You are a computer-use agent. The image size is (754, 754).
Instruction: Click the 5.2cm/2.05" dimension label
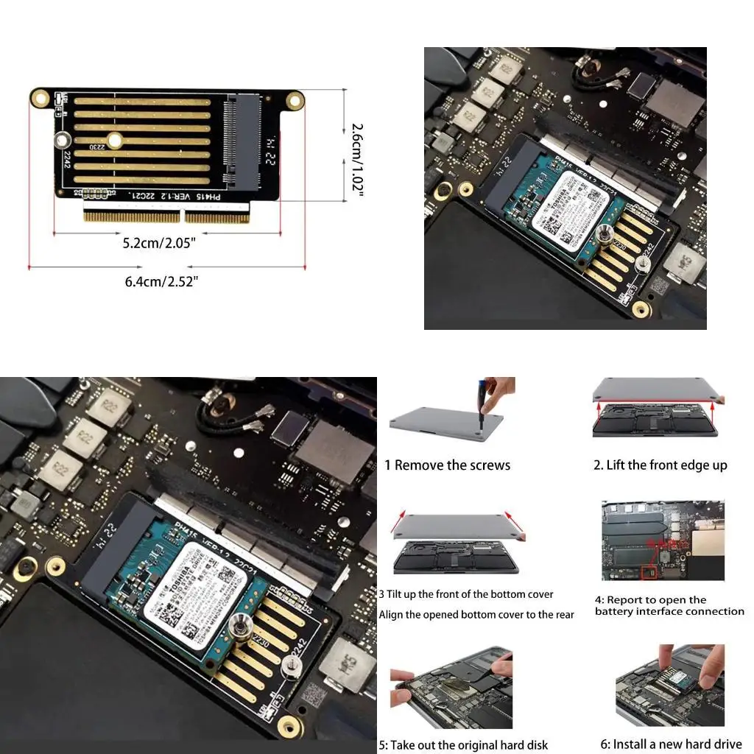(159, 242)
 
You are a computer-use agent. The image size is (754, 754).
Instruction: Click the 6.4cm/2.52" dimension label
(162, 281)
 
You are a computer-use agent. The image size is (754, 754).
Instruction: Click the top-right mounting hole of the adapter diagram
(295, 99)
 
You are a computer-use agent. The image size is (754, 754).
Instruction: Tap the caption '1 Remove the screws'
(447, 465)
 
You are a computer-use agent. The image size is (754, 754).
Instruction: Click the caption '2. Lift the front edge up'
(660, 465)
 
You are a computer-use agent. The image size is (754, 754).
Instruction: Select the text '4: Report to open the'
(650, 600)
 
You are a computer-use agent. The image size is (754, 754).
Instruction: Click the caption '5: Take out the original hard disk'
(463, 745)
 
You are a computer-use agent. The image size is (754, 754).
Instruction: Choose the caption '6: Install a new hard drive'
(671, 744)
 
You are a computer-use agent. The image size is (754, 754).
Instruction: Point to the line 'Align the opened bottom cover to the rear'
(476, 615)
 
